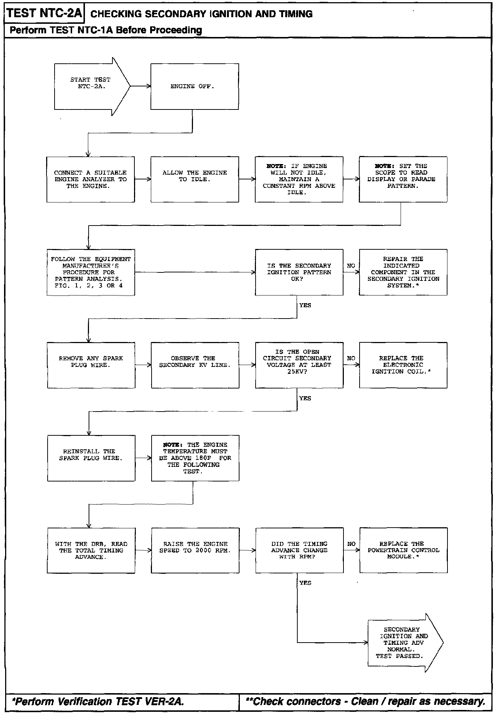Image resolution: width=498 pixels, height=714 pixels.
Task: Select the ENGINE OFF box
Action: coord(194,86)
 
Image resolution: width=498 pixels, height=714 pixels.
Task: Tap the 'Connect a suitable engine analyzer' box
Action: coord(90,179)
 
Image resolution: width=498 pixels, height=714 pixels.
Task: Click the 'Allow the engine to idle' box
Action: coord(194,179)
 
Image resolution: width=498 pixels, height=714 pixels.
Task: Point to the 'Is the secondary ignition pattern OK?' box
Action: coord(299,272)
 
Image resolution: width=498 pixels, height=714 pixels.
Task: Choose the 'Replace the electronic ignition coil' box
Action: coord(403,365)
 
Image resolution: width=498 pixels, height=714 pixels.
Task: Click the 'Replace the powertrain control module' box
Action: coord(403,550)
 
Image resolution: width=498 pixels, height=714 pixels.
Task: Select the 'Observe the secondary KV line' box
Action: coord(195,365)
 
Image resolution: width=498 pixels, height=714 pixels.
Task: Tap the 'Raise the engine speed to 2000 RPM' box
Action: coord(195,550)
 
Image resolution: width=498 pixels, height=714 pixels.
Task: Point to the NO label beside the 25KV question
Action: coord(351,358)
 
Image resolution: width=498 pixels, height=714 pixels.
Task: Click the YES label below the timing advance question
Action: coord(305,583)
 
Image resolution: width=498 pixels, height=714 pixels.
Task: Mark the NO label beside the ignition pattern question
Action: coord(351,265)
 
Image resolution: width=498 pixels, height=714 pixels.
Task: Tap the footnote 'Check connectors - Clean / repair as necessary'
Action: coord(365,701)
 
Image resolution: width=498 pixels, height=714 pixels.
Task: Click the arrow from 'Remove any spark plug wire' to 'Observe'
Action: coord(143,365)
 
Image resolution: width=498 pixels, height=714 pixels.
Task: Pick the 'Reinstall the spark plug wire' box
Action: coord(91,458)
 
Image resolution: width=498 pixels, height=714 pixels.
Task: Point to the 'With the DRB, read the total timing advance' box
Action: coord(91,550)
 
